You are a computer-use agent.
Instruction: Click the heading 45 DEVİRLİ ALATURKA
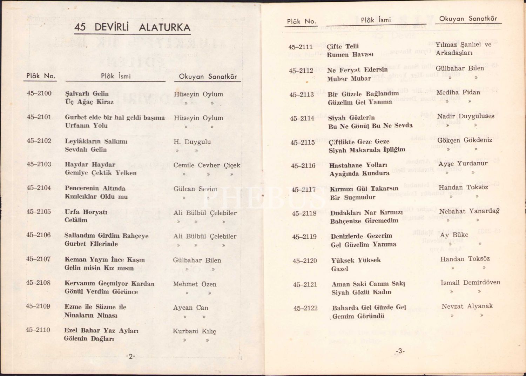(x=132, y=27)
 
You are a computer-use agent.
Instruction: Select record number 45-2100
(x=39, y=93)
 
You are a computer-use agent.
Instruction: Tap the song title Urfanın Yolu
(x=86, y=126)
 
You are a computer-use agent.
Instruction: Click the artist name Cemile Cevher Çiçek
(x=207, y=165)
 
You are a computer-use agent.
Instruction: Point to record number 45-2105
(x=39, y=212)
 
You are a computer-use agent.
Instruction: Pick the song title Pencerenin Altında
(x=95, y=188)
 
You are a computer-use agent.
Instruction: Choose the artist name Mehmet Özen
(x=195, y=284)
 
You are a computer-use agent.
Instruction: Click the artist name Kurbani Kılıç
(x=194, y=331)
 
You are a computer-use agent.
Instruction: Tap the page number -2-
(x=130, y=356)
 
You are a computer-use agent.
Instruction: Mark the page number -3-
(x=400, y=351)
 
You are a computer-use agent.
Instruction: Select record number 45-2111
(x=301, y=47)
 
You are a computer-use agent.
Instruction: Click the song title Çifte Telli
(x=343, y=46)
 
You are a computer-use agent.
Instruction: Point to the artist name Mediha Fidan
(x=458, y=92)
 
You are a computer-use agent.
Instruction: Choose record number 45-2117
(x=304, y=190)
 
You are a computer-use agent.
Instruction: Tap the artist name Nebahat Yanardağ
(x=469, y=211)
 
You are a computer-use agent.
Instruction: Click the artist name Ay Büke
(x=454, y=235)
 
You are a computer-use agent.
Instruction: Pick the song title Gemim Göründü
(x=358, y=316)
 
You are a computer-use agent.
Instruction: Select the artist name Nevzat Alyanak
(x=467, y=306)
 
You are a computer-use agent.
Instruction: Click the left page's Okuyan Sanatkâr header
(x=208, y=77)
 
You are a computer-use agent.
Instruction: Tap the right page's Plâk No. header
(x=302, y=21)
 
